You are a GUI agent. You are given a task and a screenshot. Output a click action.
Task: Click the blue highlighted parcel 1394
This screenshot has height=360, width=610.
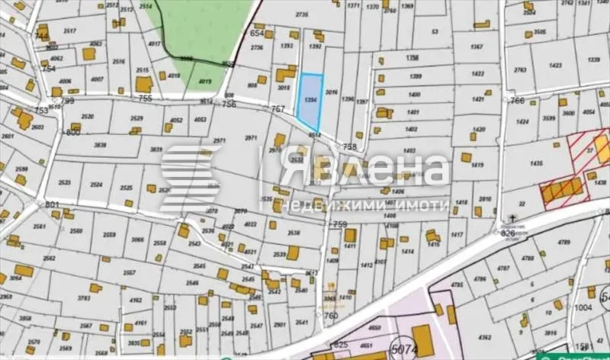(309, 101)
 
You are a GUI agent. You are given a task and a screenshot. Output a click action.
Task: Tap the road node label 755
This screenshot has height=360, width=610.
(146, 98)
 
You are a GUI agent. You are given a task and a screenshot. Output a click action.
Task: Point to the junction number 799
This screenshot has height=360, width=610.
(68, 101)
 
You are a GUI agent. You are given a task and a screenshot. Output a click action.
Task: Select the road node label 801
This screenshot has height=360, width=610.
(52, 204)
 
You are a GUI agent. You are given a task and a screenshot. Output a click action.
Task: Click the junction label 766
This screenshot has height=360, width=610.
(518, 101)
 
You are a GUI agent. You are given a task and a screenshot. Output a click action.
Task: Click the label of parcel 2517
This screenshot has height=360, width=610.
(69, 31)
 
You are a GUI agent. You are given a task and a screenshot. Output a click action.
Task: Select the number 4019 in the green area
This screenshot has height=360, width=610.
(204, 81)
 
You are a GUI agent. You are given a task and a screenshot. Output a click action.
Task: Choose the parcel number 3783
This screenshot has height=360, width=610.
(85, 299)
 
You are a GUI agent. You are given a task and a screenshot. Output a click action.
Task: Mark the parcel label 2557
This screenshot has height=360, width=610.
(129, 273)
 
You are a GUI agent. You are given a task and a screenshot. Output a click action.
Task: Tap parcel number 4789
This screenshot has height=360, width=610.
(564, 243)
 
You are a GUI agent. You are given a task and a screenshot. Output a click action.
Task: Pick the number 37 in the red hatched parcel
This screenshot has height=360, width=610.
(589, 151)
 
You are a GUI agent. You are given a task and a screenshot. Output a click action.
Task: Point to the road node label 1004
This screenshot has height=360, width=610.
(583, 307)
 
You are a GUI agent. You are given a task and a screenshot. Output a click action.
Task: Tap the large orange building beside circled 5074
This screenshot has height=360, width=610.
(422, 336)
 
